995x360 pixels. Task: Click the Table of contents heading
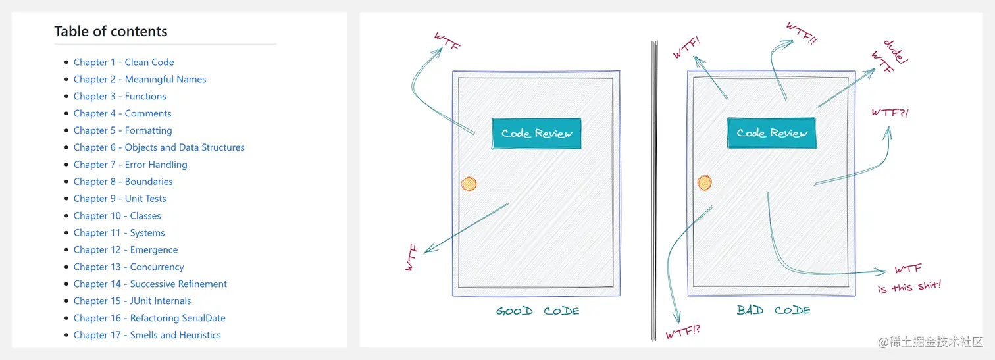tap(111, 32)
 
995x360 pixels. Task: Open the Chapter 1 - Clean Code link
tap(124, 62)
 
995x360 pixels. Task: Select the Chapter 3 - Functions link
tap(120, 96)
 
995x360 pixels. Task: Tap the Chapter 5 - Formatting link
tap(122, 130)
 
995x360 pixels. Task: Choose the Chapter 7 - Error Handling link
tap(130, 165)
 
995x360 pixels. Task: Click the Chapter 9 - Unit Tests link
tap(120, 199)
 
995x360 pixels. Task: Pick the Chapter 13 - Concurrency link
tap(128, 267)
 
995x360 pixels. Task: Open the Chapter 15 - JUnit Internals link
tap(132, 301)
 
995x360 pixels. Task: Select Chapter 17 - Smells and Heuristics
tap(147, 335)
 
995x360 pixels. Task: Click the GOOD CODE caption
tap(538, 311)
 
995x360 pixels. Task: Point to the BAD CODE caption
tap(773, 310)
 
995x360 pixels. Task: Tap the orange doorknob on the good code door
tap(469, 184)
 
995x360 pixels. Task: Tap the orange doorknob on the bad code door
tap(704, 182)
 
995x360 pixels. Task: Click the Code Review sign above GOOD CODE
tap(536, 133)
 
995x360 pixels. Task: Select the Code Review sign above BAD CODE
tap(772, 133)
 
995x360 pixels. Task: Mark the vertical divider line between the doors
tap(654, 191)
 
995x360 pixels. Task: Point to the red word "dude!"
tap(896, 51)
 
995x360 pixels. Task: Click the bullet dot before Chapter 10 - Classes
tap(66, 216)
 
